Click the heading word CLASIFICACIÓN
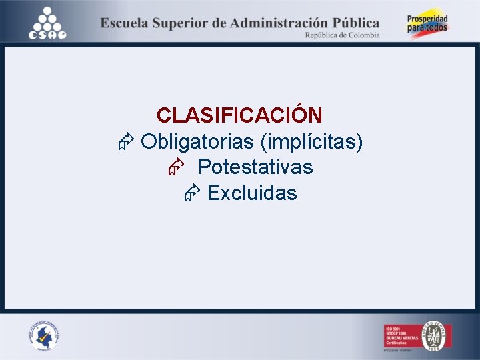[239, 115]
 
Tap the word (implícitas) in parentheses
[311, 142]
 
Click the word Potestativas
[255, 167]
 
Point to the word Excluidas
[252, 193]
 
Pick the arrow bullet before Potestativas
[175, 167]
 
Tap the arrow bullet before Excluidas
[192, 193]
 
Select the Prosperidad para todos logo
[428, 25]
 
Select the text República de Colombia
[342, 35]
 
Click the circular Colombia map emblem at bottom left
[44, 335]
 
